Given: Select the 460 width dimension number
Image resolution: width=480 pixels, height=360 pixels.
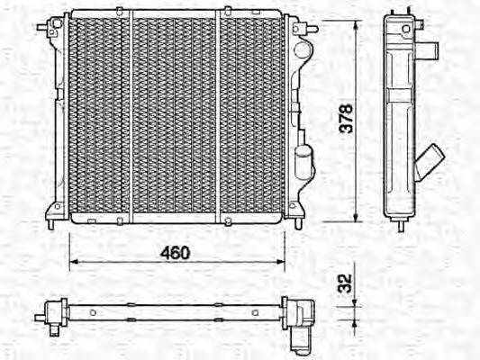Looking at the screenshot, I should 176,253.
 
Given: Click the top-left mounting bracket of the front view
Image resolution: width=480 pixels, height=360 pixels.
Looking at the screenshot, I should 46,27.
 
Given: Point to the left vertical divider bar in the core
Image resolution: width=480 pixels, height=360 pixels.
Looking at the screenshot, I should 131,117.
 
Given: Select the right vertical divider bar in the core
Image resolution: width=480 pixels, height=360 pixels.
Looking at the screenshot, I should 218,117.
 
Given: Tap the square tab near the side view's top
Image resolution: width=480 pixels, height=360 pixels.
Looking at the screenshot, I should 432,49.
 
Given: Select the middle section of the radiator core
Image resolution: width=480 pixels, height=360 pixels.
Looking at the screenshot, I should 175,117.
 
